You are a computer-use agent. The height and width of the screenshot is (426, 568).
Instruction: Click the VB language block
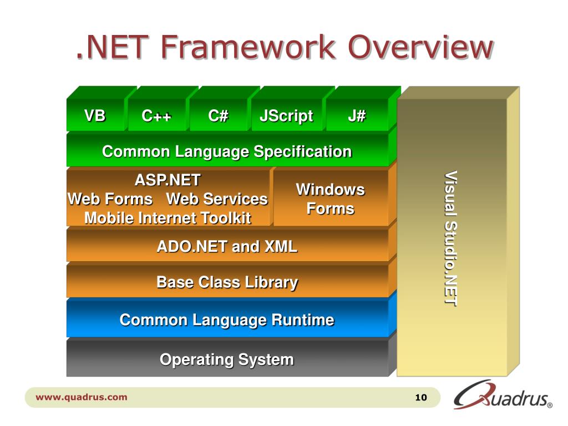[x=95, y=116]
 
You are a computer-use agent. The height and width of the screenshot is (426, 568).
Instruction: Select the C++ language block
[x=156, y=116]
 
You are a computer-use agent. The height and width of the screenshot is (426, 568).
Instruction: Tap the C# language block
[x=218, y=116]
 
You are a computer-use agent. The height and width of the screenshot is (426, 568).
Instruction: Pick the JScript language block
[x=286, y=116]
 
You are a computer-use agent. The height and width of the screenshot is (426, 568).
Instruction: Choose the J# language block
[x=357, y=116]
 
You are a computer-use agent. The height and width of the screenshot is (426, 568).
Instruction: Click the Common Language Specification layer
[x=227, y=151]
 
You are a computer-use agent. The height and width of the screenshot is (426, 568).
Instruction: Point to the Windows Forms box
[x=331, y=199]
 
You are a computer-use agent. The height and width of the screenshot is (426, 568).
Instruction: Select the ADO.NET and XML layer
[x=227, y=246]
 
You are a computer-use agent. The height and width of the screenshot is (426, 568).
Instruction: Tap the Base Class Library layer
[x=227, y=282]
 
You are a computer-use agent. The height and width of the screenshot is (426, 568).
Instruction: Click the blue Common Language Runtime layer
[x=227, y=320]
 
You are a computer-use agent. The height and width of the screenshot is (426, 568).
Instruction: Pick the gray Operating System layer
[x=227, y=359]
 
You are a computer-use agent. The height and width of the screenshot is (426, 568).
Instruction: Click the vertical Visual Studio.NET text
[x=450, y=239]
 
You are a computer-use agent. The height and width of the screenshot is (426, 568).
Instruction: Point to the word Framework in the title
[x=249, y=48]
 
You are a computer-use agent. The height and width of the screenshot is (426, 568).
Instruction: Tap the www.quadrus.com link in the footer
[x=82, y=397]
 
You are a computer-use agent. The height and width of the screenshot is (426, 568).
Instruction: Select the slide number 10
[x=420, y=398]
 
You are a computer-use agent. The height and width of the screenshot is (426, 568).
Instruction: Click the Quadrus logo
[x=502, y=395]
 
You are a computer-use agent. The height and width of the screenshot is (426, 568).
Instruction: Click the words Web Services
[x=217, y=199]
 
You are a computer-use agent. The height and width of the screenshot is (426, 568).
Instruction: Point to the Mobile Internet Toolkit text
[x=168, y=218]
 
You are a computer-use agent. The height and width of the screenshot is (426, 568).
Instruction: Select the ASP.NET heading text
[x=168, y=180]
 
